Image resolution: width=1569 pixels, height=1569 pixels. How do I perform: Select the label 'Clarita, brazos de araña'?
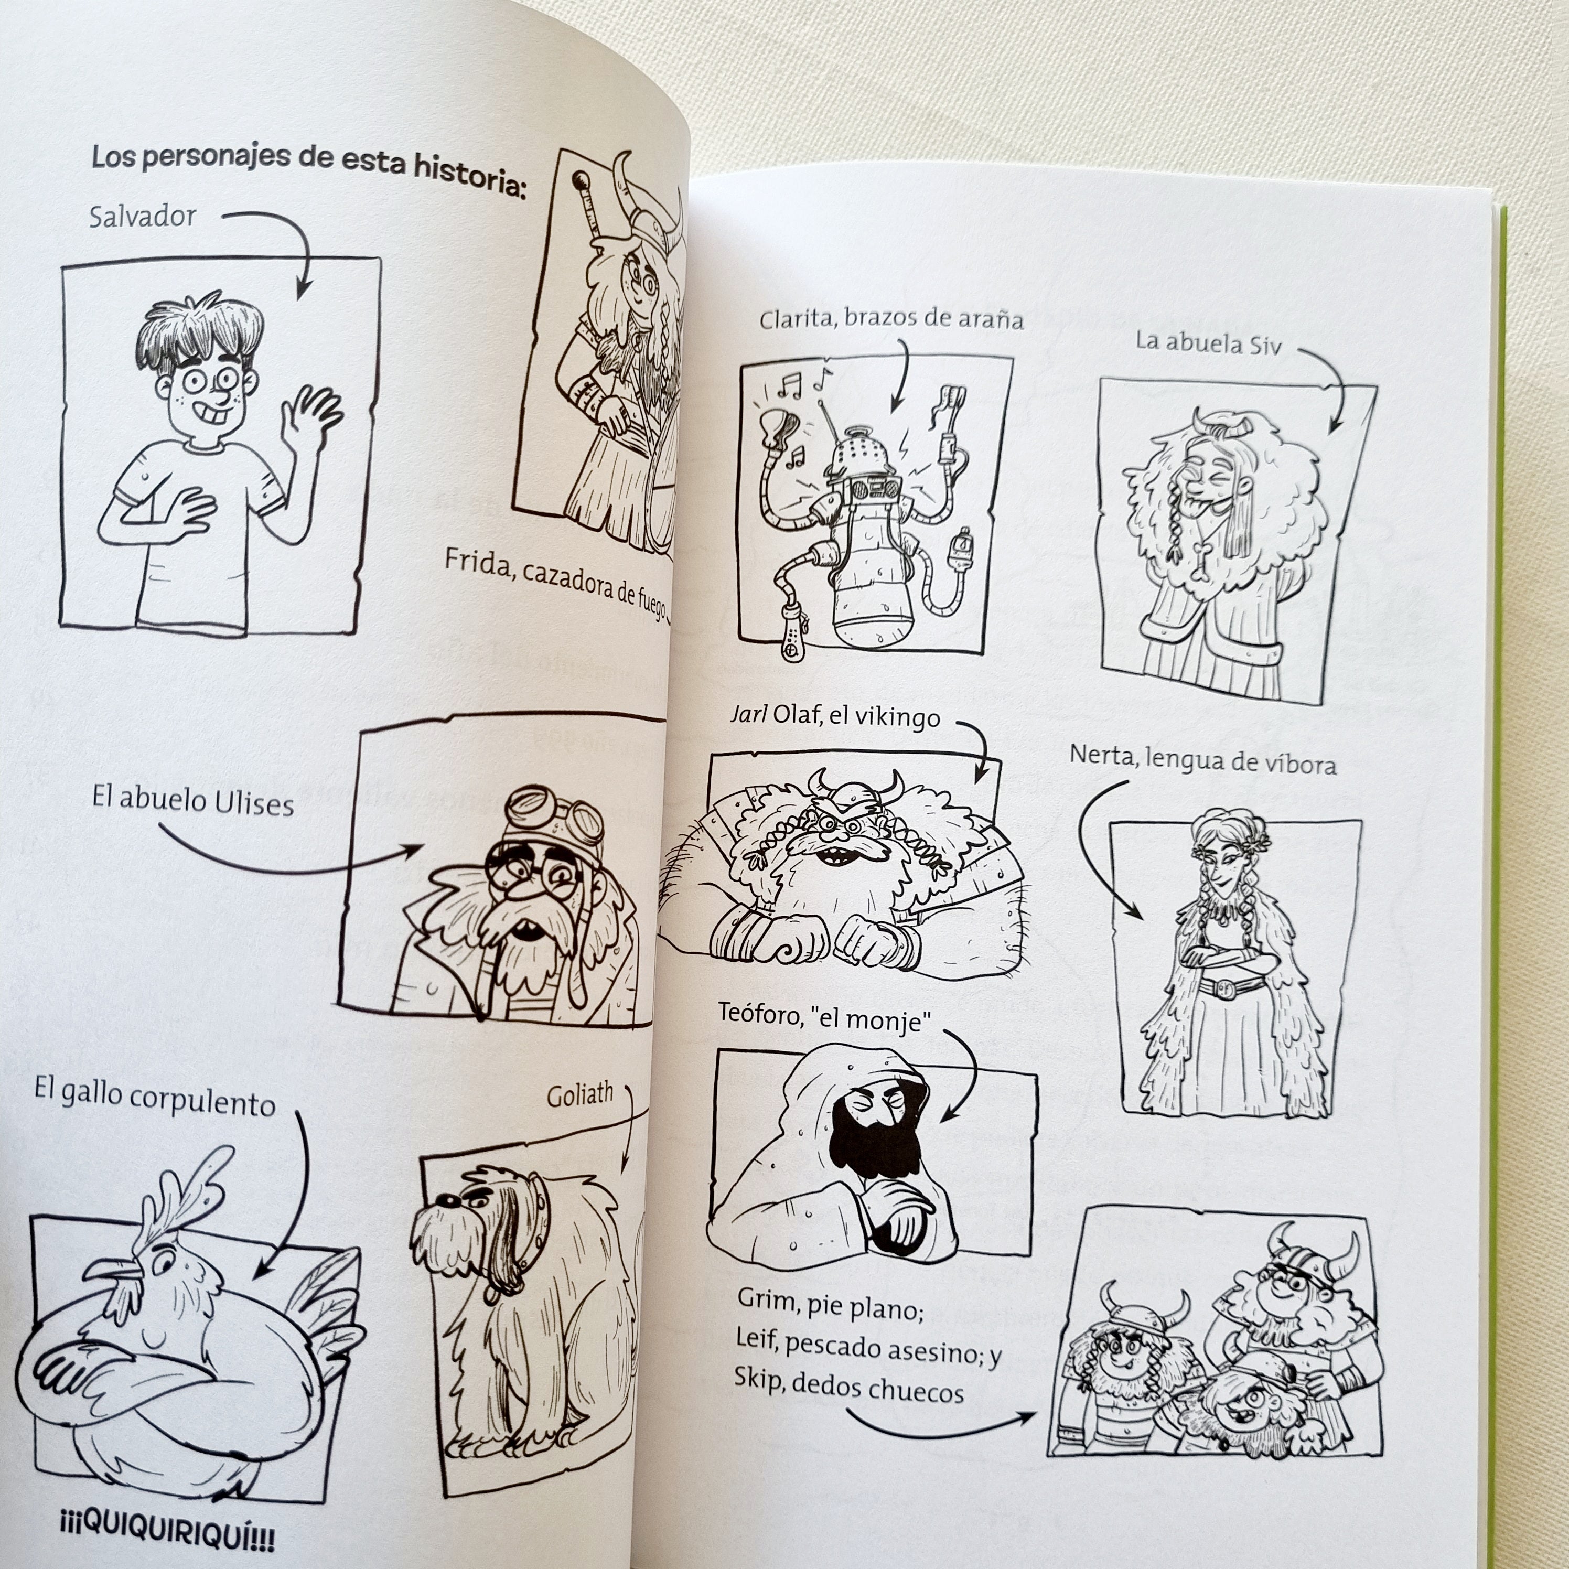click(x=891, y=318)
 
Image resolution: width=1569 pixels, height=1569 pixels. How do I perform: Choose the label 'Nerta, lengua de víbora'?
click(x=1202, y=760)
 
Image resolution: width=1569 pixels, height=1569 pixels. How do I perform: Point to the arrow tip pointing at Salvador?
click(x=302, y=293)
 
